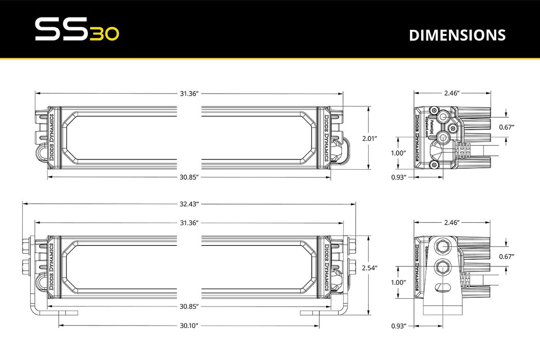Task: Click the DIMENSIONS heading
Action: click(457, 35)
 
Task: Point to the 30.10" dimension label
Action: click(189, 326)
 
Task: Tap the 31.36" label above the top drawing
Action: click(189, 93)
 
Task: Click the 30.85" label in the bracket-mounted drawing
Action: click(189, 306)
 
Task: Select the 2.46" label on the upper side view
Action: click(451, 93)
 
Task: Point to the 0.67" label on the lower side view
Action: click(507, 256)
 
